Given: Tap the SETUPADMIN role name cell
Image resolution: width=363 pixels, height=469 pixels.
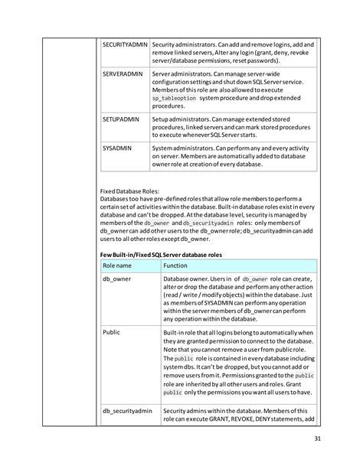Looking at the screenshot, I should pos(121,120).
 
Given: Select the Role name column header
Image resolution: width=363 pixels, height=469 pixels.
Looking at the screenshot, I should pos(118,265).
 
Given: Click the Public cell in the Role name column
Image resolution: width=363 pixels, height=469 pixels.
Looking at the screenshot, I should pos(112,333).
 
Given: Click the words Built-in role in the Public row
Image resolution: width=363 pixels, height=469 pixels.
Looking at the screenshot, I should pos(181,333).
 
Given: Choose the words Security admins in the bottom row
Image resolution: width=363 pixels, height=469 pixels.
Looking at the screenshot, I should pos(188,412).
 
